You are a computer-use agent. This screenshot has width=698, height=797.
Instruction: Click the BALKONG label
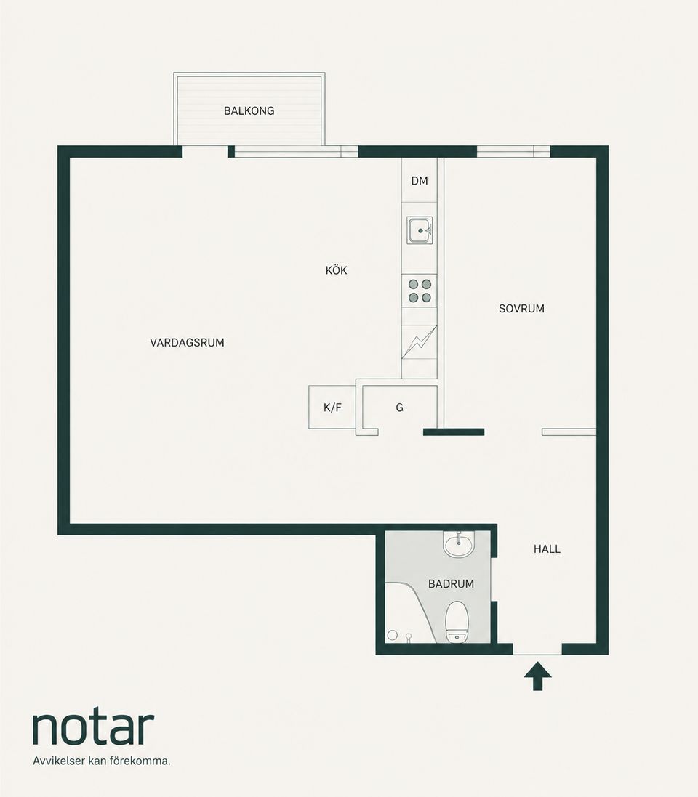point(249,110)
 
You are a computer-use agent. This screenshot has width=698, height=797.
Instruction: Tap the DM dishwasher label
point(420,180)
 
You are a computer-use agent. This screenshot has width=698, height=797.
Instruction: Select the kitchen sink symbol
point(420,230)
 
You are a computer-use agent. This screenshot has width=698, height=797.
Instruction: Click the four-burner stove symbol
point(420,291)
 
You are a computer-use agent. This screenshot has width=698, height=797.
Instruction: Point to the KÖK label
point(337,270)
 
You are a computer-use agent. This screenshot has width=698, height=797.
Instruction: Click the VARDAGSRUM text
point(187,343)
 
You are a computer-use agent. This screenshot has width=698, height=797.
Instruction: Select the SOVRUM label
point(521,309)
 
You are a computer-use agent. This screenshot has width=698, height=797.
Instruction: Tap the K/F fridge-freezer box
point(332,407)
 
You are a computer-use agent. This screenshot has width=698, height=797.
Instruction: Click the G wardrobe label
point(399,408)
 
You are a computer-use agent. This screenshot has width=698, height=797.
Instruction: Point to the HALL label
point(547,549)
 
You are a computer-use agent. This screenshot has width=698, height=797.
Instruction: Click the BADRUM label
point(451,584)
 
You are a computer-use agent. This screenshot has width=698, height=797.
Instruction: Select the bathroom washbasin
point(459,544)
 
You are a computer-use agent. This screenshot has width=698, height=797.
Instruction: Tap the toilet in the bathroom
point(457,622)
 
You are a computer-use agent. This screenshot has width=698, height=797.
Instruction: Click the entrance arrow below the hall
point(538,676)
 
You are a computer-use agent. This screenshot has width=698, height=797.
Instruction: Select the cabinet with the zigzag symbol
point(420,342)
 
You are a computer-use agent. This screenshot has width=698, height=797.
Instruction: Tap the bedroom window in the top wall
point(513,151)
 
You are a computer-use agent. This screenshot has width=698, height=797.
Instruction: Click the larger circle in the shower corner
point(392,635)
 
